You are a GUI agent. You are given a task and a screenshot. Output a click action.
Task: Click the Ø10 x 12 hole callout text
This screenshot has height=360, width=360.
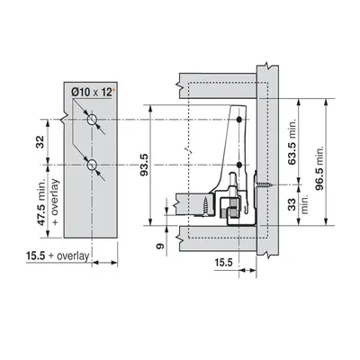pos(92,93)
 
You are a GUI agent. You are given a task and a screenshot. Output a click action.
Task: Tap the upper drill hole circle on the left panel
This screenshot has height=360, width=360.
pos(92,120)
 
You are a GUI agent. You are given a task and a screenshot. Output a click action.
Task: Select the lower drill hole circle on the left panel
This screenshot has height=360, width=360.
pos(92,165)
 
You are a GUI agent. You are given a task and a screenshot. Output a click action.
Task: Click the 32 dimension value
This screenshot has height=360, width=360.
pos(40,142)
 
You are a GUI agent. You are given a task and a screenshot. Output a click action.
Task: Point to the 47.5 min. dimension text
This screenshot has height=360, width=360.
pos(40,202)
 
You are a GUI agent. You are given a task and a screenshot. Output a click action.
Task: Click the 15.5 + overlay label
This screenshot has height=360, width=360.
pos(58,256)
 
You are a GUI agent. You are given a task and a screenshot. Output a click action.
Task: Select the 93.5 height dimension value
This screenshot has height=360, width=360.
pos(145,165)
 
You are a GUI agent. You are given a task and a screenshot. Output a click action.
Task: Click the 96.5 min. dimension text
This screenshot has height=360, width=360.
pos(319,168)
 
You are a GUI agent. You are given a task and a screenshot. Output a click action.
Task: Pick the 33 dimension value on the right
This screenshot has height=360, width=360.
pos(292,204)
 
